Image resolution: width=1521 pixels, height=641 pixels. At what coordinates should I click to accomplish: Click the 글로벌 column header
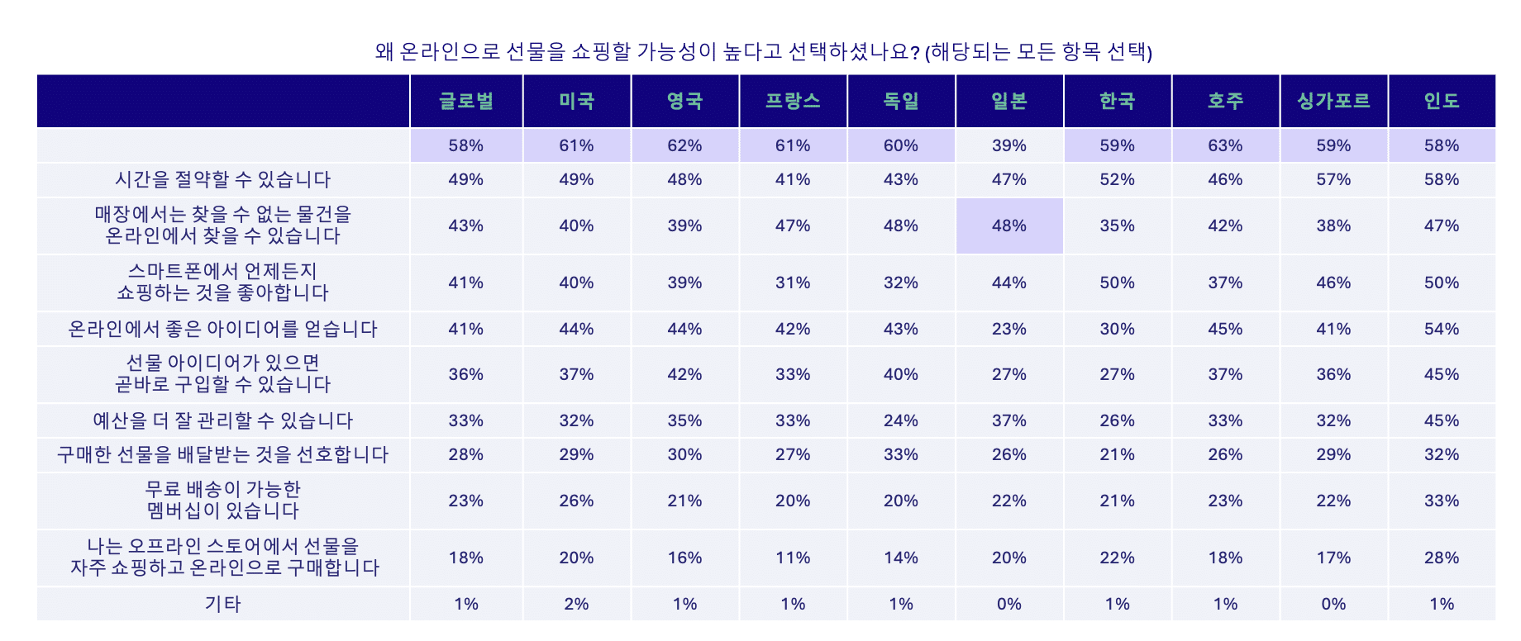466,101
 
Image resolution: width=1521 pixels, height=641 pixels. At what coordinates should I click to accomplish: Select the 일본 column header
1008,101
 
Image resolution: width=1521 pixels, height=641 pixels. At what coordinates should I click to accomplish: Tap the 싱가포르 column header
1333,101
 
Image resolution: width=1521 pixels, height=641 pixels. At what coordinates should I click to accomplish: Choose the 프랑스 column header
793,101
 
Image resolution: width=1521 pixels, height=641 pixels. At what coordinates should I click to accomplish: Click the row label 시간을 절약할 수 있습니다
222,179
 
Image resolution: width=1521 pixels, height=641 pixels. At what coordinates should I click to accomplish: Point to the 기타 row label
222,604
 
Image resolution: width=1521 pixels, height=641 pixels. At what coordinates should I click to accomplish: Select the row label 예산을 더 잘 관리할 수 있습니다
222,420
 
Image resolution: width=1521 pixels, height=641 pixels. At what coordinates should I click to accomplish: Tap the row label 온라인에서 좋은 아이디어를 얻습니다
222,329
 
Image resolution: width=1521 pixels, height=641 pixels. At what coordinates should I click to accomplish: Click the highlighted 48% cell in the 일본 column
1008,226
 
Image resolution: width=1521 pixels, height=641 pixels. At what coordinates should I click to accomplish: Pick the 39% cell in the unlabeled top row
1008,145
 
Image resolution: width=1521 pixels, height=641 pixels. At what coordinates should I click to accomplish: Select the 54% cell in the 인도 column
1441,329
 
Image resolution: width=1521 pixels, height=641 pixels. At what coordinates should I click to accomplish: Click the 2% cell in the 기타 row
576,604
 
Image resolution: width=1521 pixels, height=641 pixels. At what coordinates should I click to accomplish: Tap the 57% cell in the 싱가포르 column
1333,179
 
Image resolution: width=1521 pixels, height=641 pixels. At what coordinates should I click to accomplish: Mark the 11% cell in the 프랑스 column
793,558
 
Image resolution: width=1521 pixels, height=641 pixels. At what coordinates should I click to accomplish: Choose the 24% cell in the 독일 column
900,420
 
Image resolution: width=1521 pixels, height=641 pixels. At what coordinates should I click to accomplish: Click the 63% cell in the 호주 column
1225,145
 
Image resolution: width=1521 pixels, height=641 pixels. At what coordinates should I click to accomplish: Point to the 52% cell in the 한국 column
1117,179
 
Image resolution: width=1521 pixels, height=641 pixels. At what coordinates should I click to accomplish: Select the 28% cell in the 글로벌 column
466,454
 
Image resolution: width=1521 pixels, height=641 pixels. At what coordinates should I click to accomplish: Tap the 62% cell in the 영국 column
684,145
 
